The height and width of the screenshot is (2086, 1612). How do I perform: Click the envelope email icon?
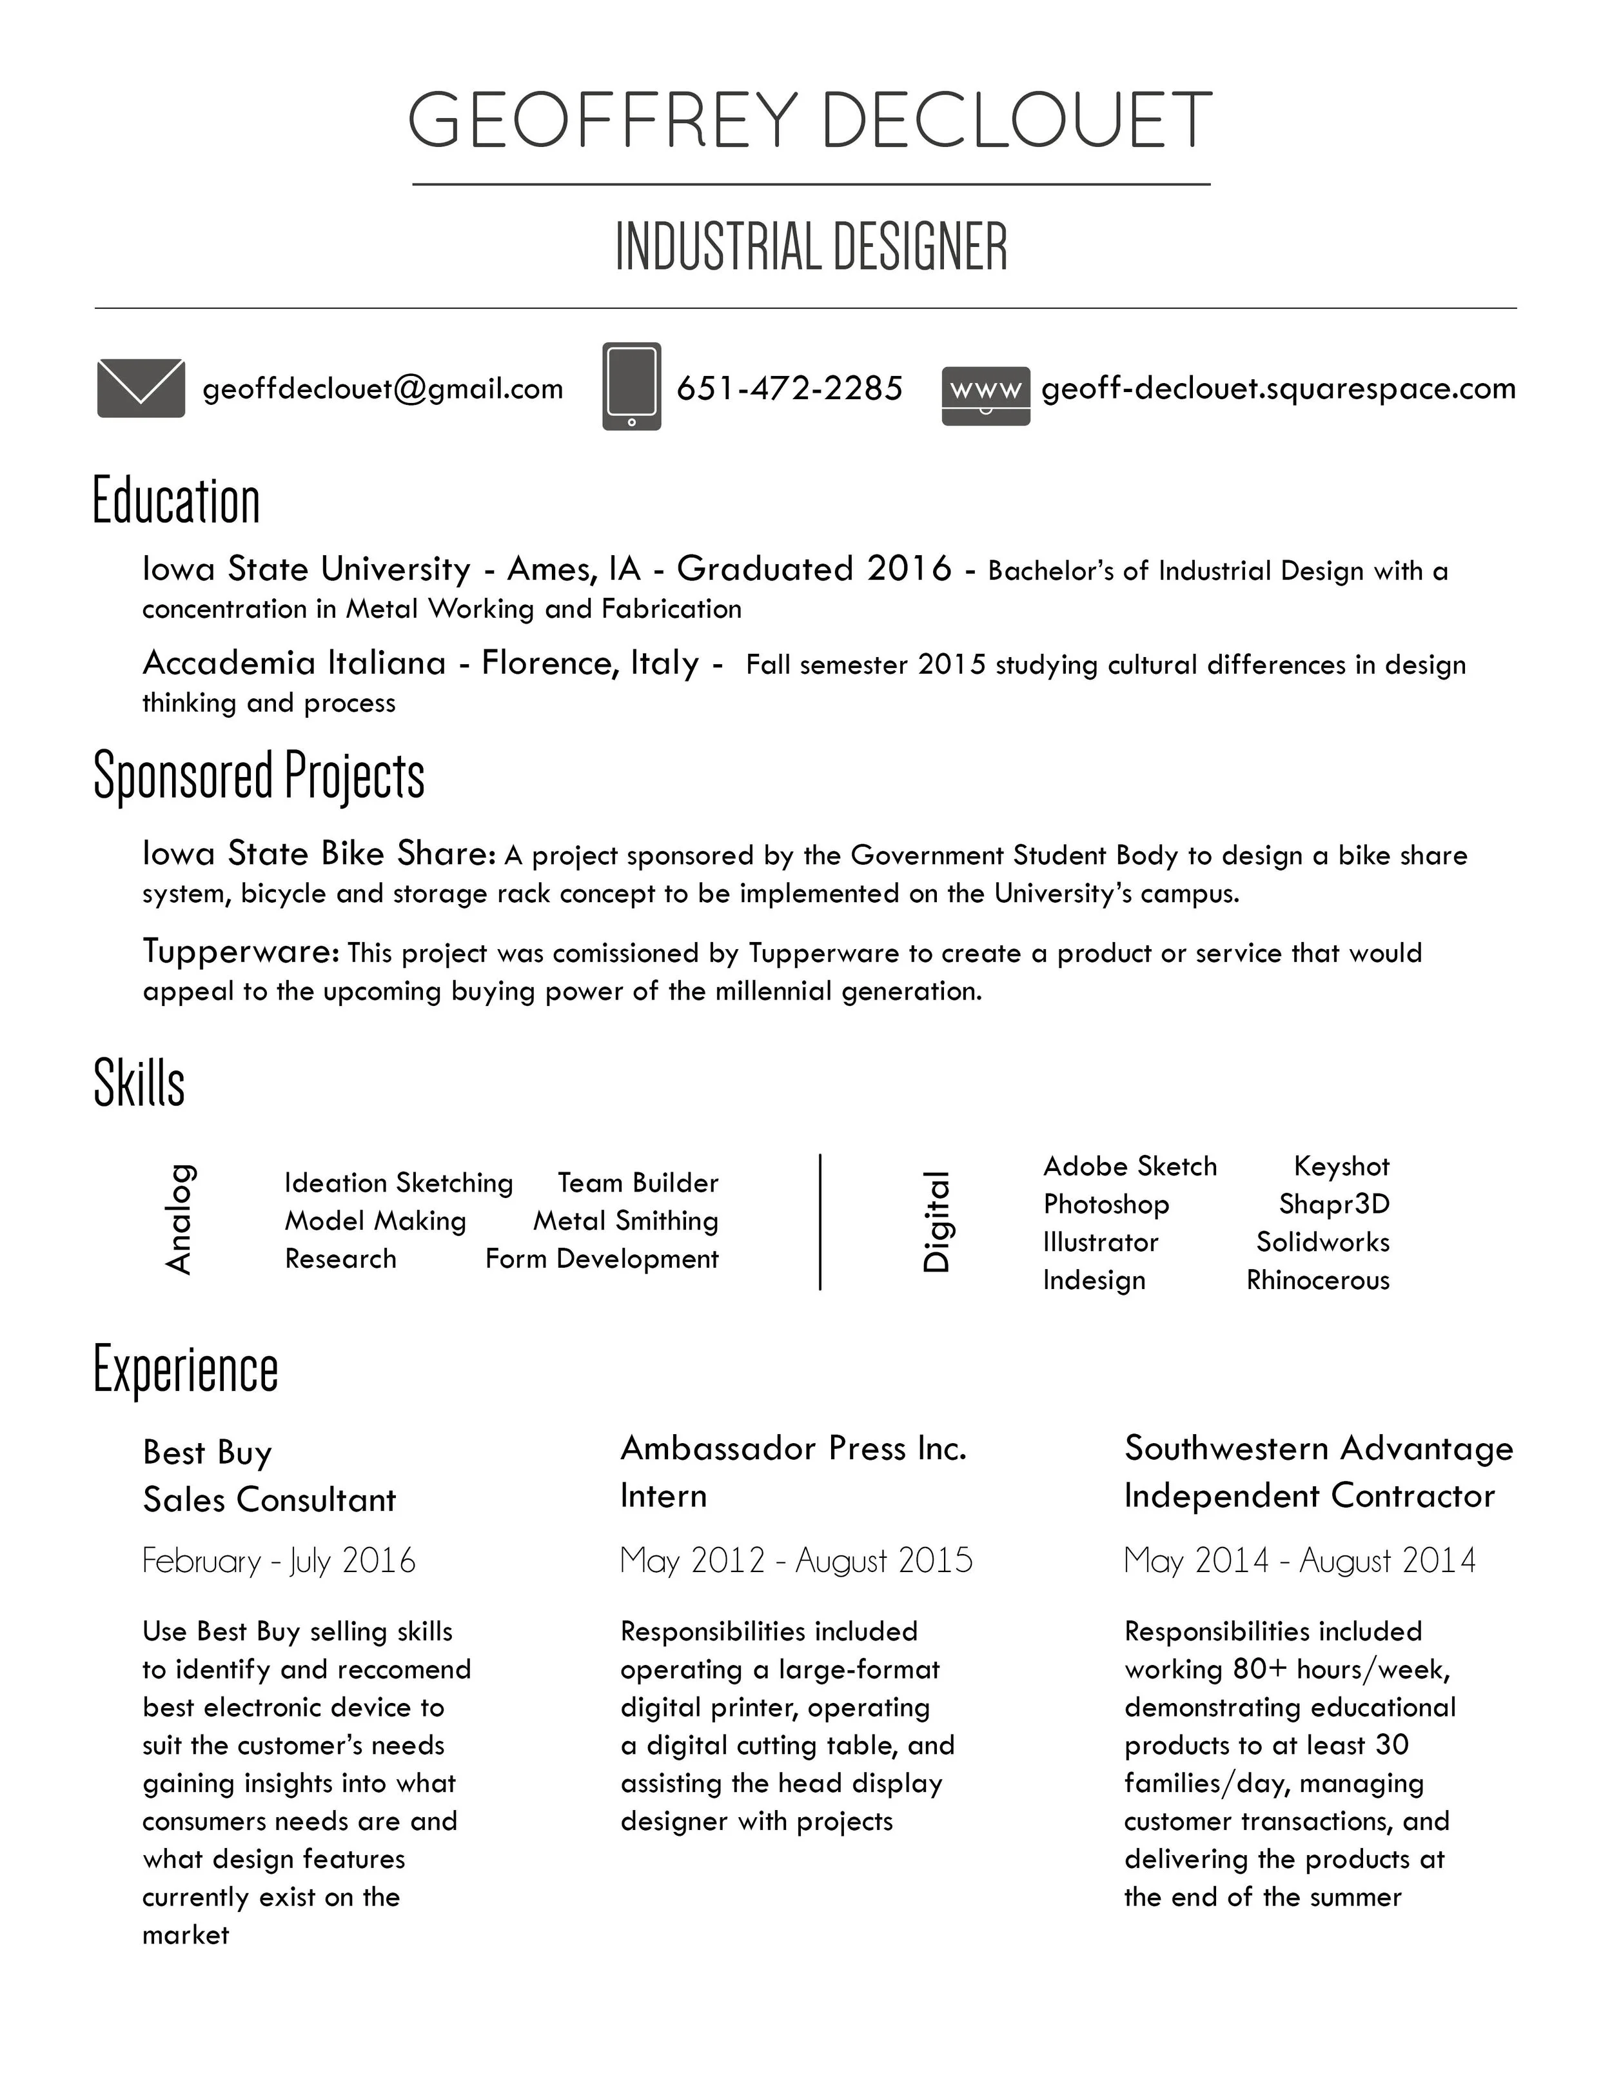coord(141,388)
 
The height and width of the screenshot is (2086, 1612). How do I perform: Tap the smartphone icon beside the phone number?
coord(631,386)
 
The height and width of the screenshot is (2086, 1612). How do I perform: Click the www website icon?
coord(985,395)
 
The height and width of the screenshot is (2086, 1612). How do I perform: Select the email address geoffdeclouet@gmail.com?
coord(383,389)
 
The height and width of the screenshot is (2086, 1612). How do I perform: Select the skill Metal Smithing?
coord(625,1221)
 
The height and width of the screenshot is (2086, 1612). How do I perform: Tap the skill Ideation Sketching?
coord(398,1183)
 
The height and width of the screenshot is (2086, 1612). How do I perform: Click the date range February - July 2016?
coord(279,1560)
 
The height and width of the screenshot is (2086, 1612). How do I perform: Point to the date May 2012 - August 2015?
coord(796,1560)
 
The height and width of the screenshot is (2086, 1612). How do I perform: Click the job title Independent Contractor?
coord(1308,1496)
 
